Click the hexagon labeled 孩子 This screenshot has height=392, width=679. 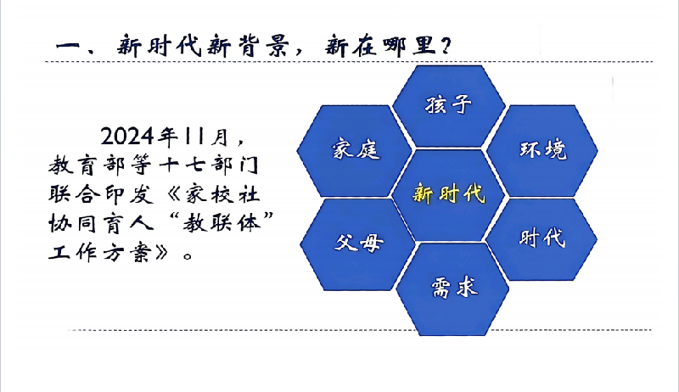click(449, 106)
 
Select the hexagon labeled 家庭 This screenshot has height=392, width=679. click(354, 150)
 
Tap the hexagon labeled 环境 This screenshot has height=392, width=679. click(542, 150)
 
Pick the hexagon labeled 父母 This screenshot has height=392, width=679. click(357, 244)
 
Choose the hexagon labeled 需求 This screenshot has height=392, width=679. click(453, 289)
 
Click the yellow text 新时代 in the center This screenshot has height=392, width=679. click(449, 193)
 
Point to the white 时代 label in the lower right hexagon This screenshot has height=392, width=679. click(542, 238)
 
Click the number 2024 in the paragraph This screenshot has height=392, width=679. click(127, 137)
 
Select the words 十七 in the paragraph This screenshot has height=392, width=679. click(181, 165)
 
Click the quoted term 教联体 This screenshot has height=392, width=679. click(222, 224)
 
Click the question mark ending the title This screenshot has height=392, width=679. click(446, 46)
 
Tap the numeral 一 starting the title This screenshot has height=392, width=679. click(69, 46)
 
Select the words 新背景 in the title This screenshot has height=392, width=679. click(247, 46)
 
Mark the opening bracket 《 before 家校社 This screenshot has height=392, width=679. click(173, 194)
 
